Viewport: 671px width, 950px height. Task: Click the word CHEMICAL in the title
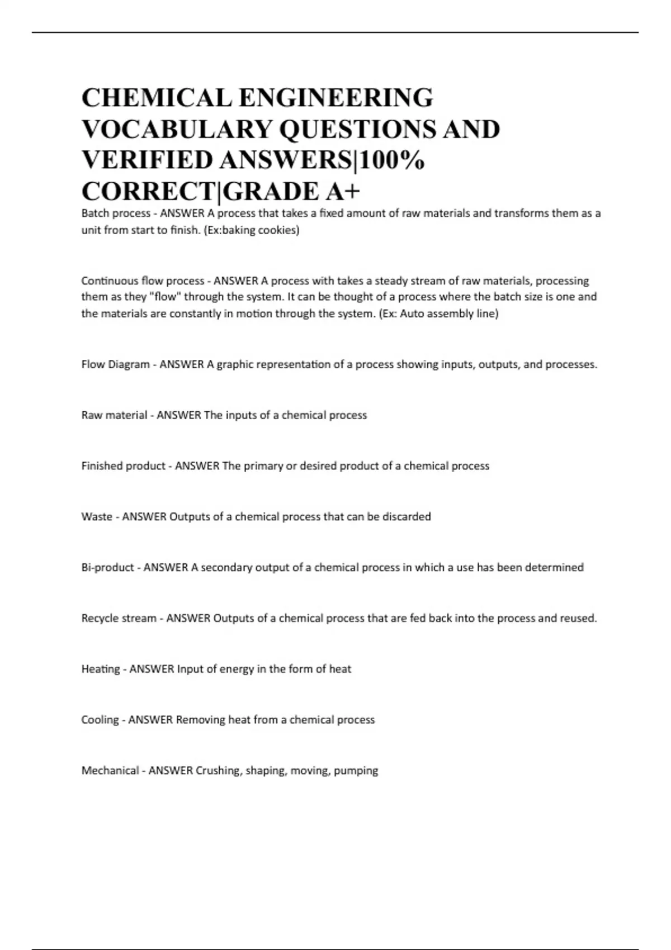(x=155, y=98)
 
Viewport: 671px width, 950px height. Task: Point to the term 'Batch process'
(x=116, y=213)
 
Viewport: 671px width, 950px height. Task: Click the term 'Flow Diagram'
(x=115, y=364)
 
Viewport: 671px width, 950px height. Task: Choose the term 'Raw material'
(x=114, y=415)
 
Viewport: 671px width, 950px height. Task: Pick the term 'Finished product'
(x=123, y=466)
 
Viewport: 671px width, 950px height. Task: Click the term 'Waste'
(x=97, y=517)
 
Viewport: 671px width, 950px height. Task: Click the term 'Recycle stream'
(x=119, y=619)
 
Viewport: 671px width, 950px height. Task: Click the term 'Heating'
(x=100, y=669)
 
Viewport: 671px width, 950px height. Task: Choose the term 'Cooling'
(x=100, y=720)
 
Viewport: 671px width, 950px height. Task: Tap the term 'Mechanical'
(x=110, y=771)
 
